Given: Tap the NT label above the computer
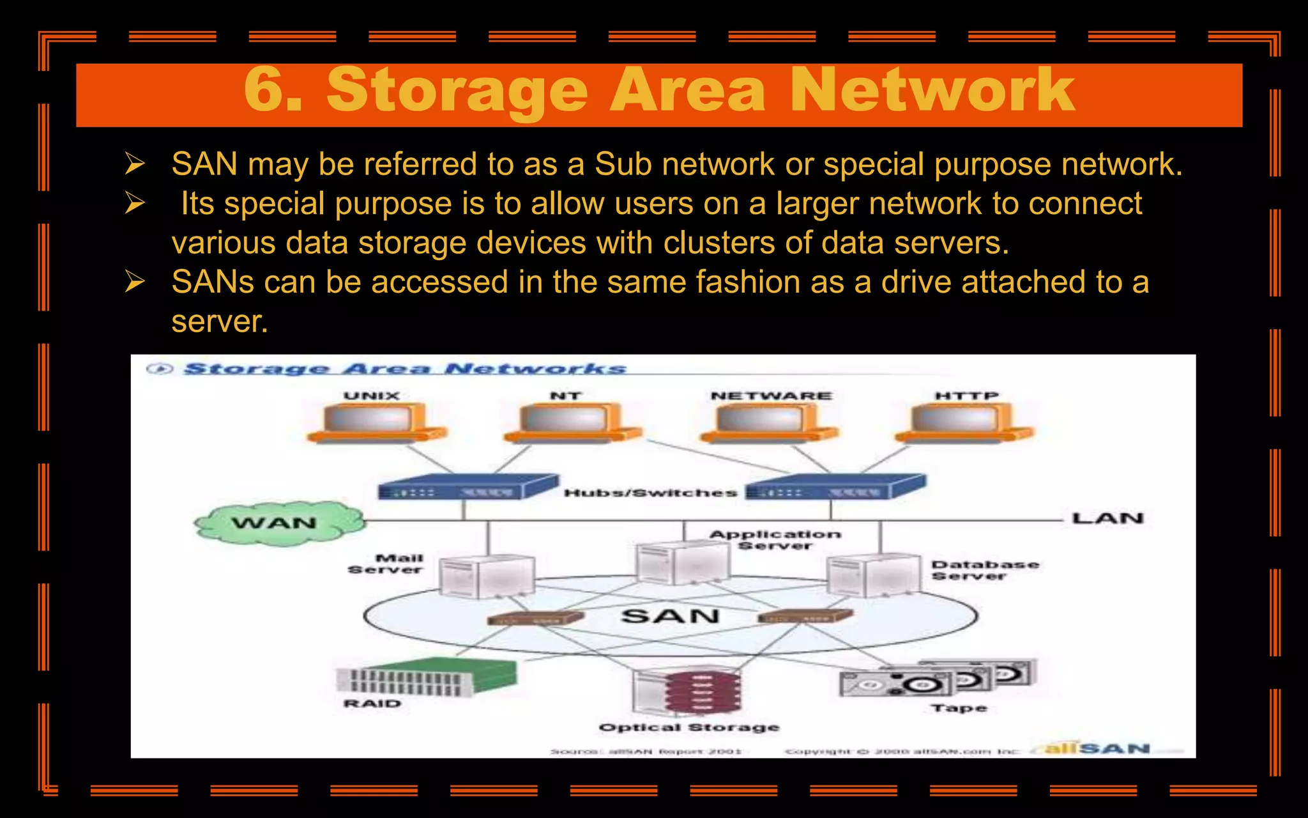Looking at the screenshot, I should coord(566,396).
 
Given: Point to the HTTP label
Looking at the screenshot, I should coord(966,396).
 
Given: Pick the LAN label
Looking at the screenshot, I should coord(1107,518).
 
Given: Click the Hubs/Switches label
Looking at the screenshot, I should coord(650,493).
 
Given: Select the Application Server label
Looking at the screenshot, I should coord(775,539).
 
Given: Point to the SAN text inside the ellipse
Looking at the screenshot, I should coord(671,616).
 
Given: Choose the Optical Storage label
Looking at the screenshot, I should coord(689,727).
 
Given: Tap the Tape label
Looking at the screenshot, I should coord(959,708).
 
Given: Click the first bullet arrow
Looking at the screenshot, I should coord(135,164).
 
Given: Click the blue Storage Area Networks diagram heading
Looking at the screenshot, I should coord(405,369).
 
